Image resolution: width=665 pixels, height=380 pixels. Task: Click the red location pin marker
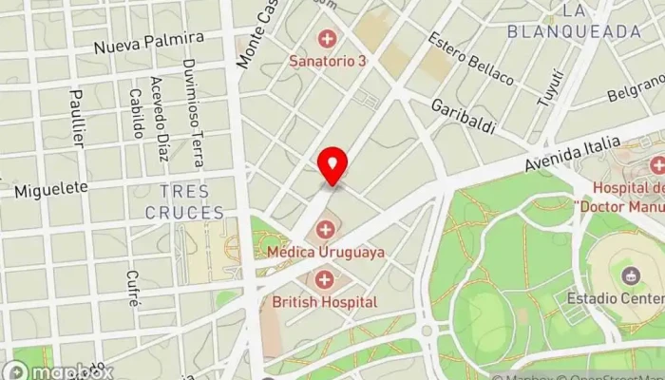click(x=332, y=167)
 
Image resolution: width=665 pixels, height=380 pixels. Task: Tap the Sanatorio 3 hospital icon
click(x=328, y=39)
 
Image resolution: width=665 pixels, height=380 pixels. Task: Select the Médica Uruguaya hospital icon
click(x=326, y=229)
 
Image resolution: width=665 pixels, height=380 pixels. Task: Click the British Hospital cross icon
click(x=325, y=279)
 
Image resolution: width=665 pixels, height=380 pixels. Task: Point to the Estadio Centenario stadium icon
click(x=629, y=276)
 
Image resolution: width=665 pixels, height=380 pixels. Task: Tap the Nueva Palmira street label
click(x=149, y=43)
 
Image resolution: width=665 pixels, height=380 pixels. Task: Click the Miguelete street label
click(x=50, y=191)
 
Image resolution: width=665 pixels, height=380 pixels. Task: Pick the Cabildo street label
click(x=137, y=114)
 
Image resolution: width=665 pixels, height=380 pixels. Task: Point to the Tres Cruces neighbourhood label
click(x=185, y=201)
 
